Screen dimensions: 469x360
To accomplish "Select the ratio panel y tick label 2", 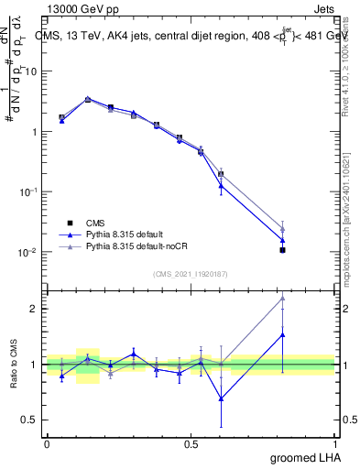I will [36, 309].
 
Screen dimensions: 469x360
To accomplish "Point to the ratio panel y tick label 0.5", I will [32, 420].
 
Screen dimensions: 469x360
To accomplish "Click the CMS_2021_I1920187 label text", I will [191, 273].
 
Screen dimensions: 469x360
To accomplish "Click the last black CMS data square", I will [283, 249].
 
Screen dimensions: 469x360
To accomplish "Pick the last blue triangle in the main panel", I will [283, 240].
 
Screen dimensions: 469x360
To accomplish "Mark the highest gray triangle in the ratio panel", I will [283, 298].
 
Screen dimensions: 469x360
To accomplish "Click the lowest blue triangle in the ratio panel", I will [221, 398].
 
